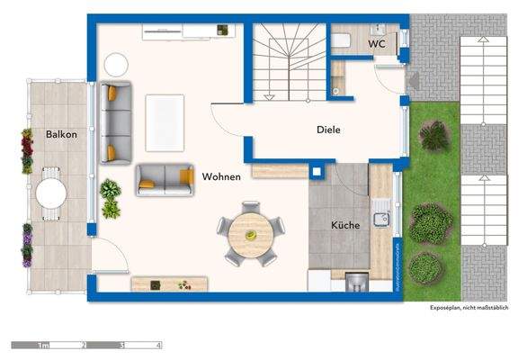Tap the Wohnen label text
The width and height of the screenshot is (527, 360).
tap(221, 176)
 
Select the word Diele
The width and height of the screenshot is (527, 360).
tap(328, 129)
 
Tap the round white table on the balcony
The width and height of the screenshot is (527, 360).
tap(51, 193)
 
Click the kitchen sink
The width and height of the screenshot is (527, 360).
tap(382, 217)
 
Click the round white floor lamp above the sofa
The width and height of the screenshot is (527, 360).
tap(116, 64)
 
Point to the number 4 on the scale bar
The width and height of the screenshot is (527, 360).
tap(158, 346)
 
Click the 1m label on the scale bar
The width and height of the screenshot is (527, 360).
tap(41, 346)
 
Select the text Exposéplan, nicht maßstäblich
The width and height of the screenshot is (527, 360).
tap(468, 307)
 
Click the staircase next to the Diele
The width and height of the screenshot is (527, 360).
tap(286, 63)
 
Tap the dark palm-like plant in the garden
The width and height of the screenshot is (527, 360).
tap(433, 137)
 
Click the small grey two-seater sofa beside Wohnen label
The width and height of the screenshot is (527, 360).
tap(165, 180)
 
